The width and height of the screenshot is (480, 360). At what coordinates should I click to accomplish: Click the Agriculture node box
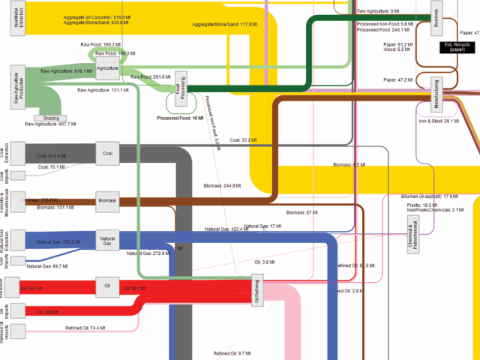pyautogui.click(x=108, y=70)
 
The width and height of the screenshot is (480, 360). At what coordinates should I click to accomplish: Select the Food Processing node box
pyautogui.click(x=181, y=85)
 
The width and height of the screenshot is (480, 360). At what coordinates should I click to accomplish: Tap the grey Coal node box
pyautogui.click(x=108, y=154)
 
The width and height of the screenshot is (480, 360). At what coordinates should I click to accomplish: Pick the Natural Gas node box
pyautogui.click(x=108, y=240)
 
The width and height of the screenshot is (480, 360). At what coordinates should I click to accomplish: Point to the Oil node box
pyautogui.click(x=108, y=286)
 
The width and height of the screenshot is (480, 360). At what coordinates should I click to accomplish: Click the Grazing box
pyautogui.click(x=52, y=118)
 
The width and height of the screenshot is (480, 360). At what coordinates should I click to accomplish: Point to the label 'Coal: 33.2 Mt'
pyautogui.click(x=244, y=140)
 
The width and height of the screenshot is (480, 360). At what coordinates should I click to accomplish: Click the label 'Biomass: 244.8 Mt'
pyautogui.click(x=221, y=185)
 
